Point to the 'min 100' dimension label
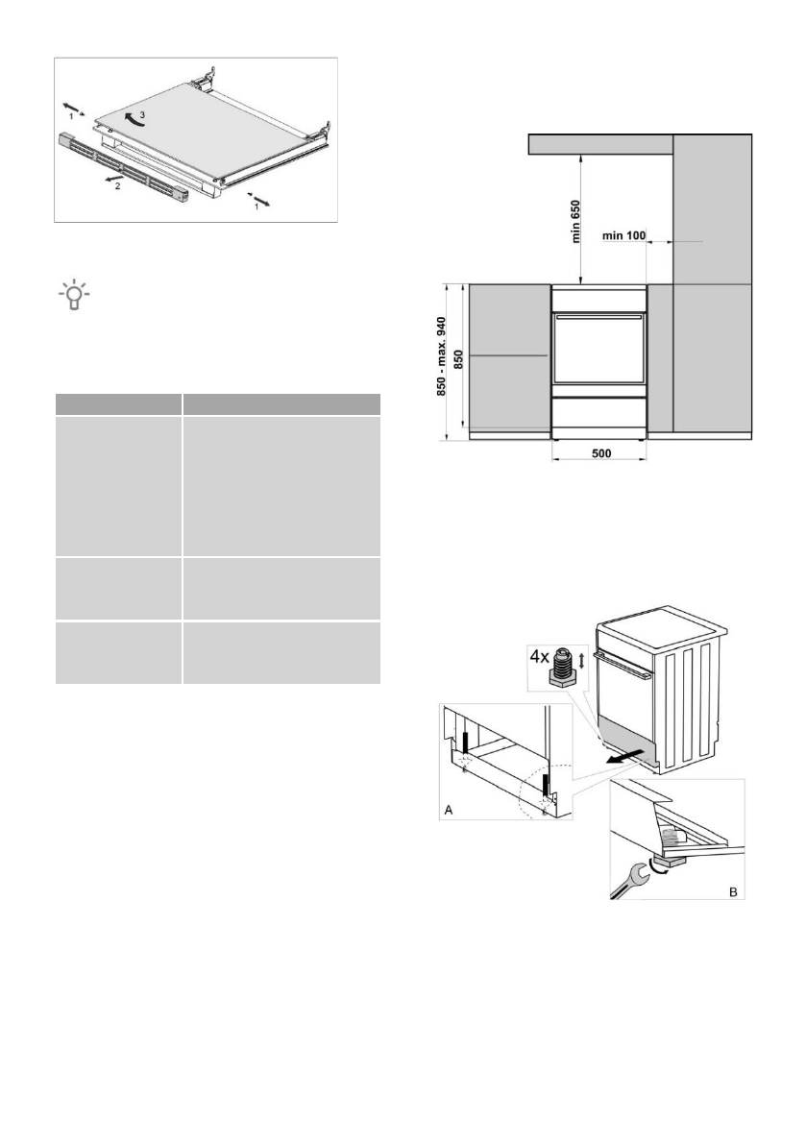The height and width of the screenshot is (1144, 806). click(x=623, y=235)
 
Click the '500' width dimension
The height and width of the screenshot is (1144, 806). click(x=600, y=452)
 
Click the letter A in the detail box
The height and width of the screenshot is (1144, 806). click(x=448, y=809)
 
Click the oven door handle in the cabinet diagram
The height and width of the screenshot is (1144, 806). click(x=599, y=315)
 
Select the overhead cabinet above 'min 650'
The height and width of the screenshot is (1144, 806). click(x=600, y=144)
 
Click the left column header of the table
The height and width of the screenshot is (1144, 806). click(x=118, y=403)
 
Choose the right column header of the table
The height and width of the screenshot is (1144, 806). click(x=282, y=403)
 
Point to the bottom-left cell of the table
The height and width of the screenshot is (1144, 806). click(x=118, y=653)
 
